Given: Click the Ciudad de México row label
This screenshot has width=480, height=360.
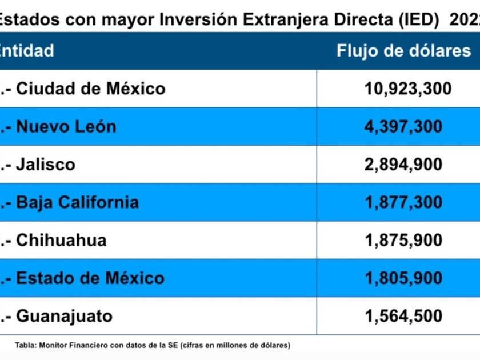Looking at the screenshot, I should pos(90,89).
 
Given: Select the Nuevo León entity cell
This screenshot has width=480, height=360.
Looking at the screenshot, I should pos(66,126).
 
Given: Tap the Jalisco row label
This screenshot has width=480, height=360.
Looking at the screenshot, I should pos(46,165).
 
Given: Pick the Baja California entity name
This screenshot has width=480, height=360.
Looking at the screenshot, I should pos(77,202).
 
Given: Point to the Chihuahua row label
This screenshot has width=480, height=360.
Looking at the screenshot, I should pos(61,240).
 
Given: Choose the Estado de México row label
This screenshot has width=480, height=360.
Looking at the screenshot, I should pos(90,278).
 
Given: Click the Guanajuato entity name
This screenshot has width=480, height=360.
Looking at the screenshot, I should pos(64,316).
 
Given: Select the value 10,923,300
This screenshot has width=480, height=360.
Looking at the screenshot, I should pos(408,89).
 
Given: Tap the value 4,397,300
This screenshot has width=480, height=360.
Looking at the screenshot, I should pos(403,126).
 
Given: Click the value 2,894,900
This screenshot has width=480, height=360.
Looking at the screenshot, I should pos(403,165).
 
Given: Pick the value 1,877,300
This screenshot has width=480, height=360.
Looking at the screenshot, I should pos(403,202).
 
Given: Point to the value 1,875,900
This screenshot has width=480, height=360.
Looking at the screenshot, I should pos(403,240).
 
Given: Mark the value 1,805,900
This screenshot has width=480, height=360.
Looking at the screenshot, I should pos(403,278).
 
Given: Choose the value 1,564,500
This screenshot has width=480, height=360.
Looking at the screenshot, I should pos(403,316).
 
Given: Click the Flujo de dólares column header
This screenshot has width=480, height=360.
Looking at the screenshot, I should pos(403,50).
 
